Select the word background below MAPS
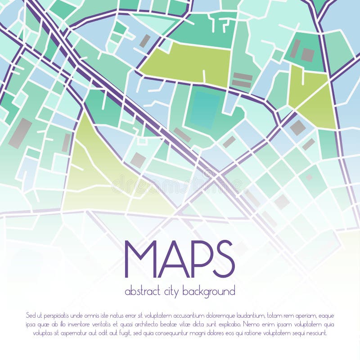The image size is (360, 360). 210,292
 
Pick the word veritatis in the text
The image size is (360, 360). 99,324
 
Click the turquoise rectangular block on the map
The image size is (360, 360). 205,109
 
